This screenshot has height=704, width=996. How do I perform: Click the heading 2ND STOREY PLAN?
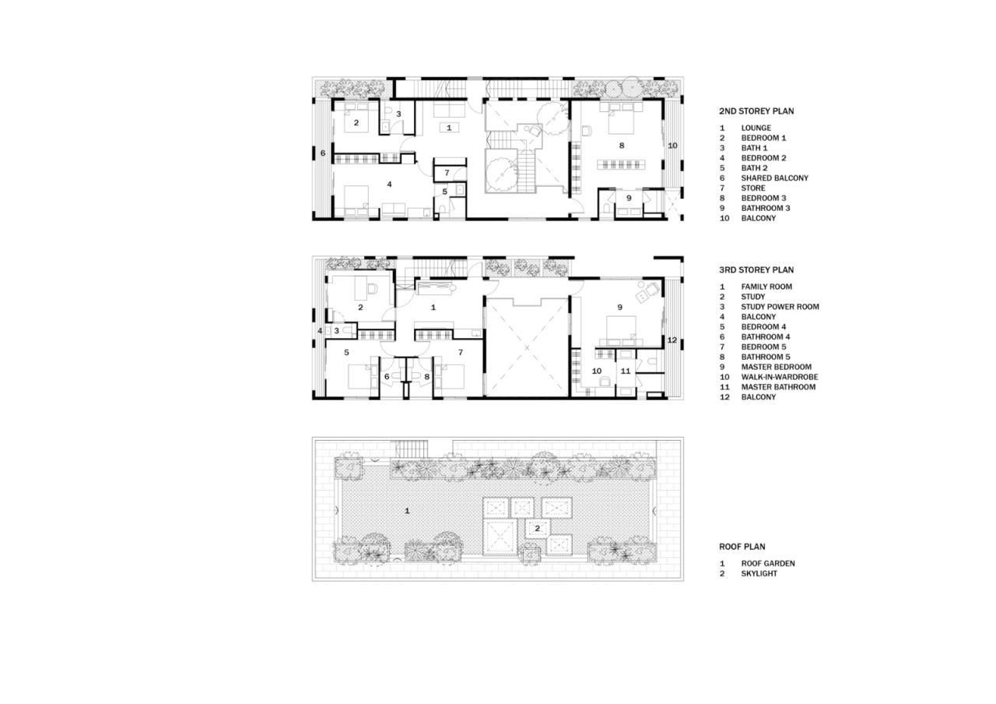[756, 111]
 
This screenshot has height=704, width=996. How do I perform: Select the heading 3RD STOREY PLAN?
[756, 270]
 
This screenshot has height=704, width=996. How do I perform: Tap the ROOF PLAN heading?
[742, 547]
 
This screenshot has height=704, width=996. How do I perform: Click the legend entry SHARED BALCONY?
[774, 178]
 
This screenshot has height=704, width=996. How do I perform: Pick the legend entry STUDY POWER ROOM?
[780, 307]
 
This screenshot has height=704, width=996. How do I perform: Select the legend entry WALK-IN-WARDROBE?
[779, 377]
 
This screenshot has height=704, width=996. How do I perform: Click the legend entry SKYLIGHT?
[759, 574]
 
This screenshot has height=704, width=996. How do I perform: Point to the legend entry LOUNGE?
[756, 128]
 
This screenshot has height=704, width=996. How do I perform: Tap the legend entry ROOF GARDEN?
[767, 564]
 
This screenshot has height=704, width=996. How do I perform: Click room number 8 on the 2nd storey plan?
[621, 146]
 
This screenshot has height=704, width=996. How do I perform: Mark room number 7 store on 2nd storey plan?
[447, 173]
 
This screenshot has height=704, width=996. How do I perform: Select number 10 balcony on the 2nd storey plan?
[672, 146]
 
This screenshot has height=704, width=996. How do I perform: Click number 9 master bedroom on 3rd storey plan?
[619, 308]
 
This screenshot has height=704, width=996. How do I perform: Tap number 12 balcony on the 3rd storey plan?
[672, 340]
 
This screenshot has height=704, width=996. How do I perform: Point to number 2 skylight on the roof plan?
[537, 528]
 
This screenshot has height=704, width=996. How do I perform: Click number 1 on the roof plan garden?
[406, 511]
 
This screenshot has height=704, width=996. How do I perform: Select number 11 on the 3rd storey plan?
[626, 371]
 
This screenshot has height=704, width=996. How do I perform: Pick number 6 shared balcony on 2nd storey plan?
[323, 153]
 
